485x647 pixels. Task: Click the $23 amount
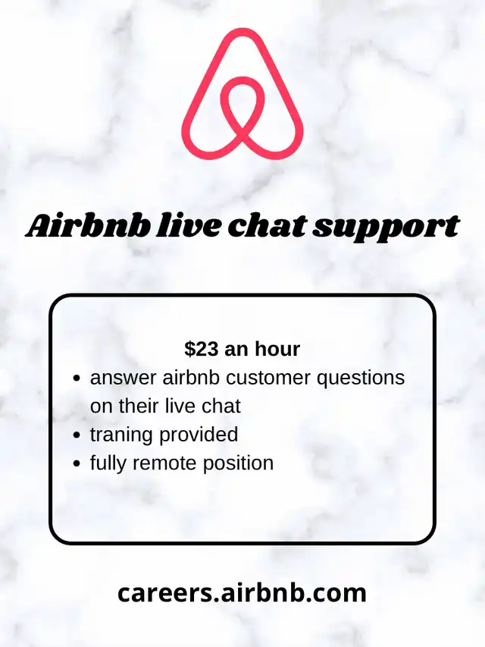point(202,349)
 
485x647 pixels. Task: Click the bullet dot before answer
point(76,378)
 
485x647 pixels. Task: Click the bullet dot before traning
point(76,435)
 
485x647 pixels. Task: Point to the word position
point(238,463)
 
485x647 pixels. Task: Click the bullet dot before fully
point(76,463)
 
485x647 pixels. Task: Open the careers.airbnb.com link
point(242,593)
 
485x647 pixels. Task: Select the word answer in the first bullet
point(124,378)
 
